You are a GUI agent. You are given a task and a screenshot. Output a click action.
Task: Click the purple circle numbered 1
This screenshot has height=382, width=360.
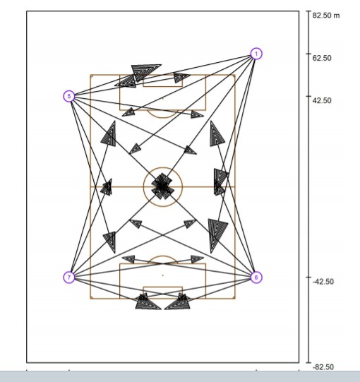tap(256, 54)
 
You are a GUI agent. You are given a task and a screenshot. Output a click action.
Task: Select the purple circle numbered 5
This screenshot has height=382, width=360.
tap(69, 96)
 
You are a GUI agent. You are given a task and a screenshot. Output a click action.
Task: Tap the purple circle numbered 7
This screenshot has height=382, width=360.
tap(69, 277)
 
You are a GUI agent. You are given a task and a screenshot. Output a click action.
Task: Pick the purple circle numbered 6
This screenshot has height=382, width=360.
tap(256, 277)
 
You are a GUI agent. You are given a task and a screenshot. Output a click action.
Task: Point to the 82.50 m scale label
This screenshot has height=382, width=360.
tap(326, 16)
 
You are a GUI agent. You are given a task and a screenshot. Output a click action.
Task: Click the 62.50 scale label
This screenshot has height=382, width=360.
tap(322, 58)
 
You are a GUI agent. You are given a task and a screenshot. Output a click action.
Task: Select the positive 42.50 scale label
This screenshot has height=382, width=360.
tap(322, 100)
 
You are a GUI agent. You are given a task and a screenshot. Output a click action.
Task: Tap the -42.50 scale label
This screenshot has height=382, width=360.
tap(323, 282)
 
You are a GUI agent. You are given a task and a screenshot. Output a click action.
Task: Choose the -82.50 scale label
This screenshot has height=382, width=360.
tap(323, 367)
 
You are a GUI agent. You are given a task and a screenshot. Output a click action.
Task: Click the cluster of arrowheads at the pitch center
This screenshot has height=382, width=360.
tap(162, 186)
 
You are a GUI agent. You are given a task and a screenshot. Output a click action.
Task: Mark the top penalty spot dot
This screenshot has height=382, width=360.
tap(163, 98)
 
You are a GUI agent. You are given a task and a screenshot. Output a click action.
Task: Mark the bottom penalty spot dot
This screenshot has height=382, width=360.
tap(163, 275)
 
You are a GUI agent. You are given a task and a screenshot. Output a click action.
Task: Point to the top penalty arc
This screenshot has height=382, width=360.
tap(163, 118)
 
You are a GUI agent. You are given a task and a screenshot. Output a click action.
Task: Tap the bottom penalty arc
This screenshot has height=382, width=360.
tap(163, 256)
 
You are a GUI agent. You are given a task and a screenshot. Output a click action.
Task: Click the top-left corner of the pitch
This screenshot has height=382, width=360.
tap(90, 75)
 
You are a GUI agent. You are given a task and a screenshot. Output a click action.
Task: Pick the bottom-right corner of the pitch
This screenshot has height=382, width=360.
tap(235, 299)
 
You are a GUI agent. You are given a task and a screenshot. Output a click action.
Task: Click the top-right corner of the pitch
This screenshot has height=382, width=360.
tap(235, 75)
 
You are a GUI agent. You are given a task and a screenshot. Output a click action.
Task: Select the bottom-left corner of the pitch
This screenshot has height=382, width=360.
tap(90, 299)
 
